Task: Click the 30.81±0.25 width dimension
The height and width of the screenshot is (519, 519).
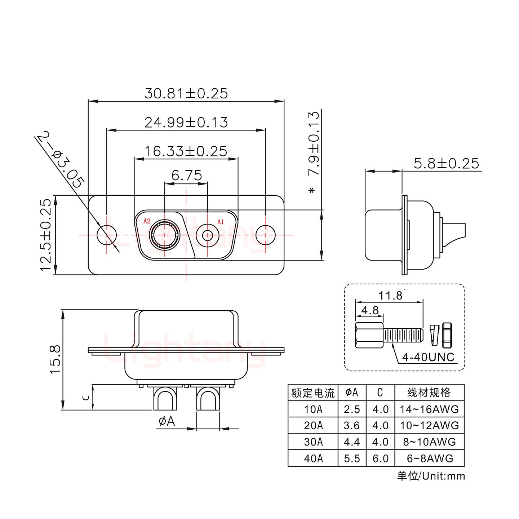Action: coord(186,93)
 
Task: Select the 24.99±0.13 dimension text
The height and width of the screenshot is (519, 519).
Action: coord(186,122)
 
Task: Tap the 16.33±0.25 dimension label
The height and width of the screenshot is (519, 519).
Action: coord(186,151)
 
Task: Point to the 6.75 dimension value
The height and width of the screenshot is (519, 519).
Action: coord(186,176)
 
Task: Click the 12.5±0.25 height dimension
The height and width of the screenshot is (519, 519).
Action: coord(46,235)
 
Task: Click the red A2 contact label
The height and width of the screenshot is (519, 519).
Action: coord(147,221)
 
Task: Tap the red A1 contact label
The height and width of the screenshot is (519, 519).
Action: coord(221,222)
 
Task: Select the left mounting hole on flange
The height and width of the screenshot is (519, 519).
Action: coord(107,235)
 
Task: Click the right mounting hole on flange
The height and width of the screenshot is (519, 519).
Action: coord(266,235)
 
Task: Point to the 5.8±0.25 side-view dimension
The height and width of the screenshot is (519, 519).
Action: coord(446,164)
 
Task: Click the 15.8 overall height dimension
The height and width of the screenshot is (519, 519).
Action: coord(55,359)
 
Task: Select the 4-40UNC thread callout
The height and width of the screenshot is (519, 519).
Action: coord(428,357)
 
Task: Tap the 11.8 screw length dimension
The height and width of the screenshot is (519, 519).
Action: coord(390,296)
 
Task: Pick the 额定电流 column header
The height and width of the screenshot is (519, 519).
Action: coord(313,392)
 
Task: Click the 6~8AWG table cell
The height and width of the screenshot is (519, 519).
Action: coord(429,458)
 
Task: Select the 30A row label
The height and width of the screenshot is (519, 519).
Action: coord(313,442)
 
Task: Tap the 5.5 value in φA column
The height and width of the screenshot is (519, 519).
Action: coord(352,458)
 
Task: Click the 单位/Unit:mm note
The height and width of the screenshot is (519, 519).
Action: coord(431,476)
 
